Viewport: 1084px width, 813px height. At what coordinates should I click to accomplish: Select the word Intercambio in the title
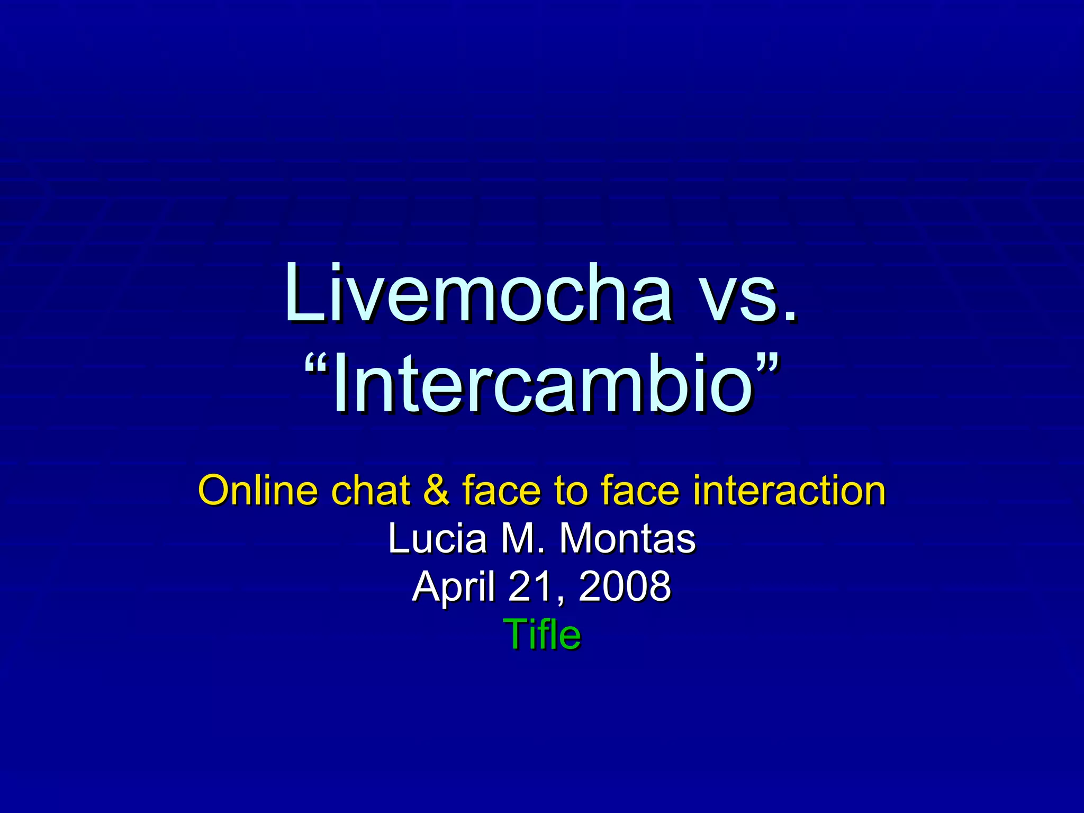click(x=542, y=383)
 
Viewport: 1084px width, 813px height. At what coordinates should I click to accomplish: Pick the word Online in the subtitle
click(x=258, y=490)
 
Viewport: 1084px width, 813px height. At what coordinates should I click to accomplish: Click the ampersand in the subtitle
click(x=436, y=490)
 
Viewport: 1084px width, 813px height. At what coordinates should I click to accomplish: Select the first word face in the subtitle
click(x=502, y=490)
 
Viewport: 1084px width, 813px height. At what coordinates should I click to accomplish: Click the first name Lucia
click(x=437, y=539)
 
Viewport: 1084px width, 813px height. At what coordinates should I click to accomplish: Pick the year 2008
click(x=625, y=586)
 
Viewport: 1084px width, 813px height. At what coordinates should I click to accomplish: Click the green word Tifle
click(x=542, y=634)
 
